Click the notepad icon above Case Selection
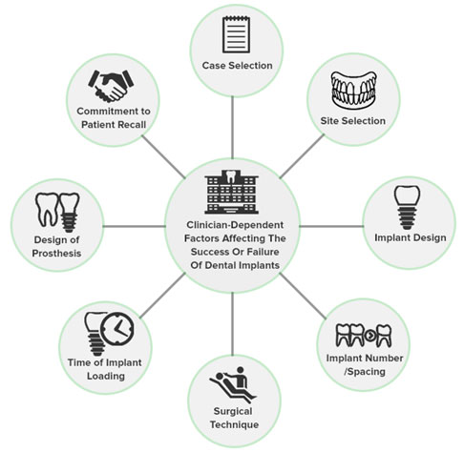[236, 34]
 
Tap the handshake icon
[111, 86]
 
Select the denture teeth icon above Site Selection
[353, 91]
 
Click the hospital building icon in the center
[232, 192]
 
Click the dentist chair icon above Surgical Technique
[233, 384]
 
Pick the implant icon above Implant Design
[407, 207]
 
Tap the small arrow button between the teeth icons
[370, 335]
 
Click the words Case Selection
[237, 66]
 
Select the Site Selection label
[352, 121]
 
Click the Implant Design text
[411, 237]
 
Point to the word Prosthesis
[56, 254]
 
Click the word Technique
[234, 424]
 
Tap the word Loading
[106, 376]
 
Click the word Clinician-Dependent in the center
[235, 225]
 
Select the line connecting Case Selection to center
[232, 128]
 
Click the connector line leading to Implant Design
[331, 226]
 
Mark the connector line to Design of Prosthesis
[135, 226]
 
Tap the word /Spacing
[365, 372]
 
